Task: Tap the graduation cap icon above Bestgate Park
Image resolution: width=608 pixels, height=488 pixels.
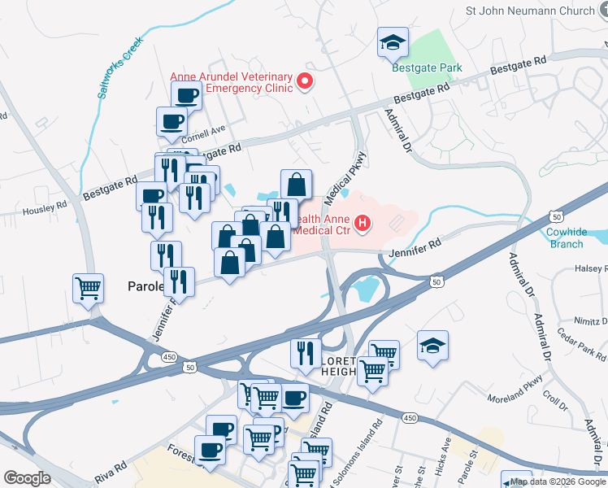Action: (x=393, y=42)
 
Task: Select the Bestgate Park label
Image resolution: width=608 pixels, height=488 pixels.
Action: (x=427, y=68)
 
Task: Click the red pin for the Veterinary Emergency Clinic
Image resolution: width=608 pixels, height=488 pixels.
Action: (x=306, y=81)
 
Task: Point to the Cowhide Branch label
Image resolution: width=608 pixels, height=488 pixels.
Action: (x=565, y=237)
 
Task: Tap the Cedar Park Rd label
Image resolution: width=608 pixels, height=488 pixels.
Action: (x=582, y=344)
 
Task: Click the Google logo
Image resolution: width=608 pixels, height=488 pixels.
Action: (x=27, y=478)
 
